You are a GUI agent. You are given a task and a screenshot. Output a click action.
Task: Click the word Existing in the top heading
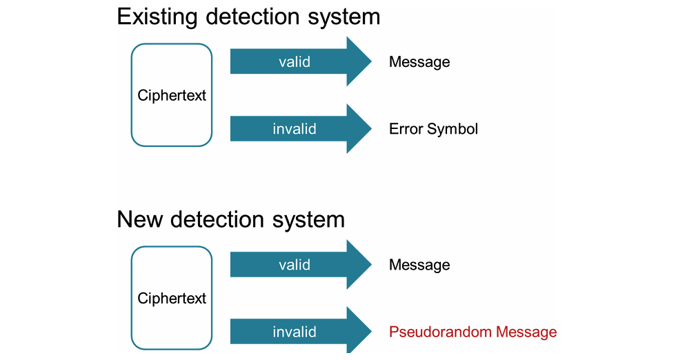[x=157, y=18]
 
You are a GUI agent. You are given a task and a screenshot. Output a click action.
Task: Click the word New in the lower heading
[x=139, y=219]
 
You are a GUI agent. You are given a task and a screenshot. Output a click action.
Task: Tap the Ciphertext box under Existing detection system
[x=172, y=95]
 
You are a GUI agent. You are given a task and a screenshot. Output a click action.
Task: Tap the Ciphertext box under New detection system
[x=172, y=298]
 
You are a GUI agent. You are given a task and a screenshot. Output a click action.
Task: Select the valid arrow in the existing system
[x=301, y=61]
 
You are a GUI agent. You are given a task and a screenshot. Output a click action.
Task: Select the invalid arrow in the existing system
[x=301, y=128]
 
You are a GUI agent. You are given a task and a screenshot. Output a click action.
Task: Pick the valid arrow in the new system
[x=301, y=264]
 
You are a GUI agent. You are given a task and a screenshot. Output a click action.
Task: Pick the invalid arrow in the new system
[x=301, y=332]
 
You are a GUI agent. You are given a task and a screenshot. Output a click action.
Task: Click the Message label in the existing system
[x=419, y=62]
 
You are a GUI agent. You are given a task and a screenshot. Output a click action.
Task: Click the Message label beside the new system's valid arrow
[x=419, y=265]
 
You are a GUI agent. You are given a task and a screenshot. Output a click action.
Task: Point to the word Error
[x=406, y=128]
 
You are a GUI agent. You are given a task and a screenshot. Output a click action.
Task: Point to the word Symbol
[x=453, y=130]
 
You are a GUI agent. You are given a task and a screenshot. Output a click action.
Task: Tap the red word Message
[x=526, y=332]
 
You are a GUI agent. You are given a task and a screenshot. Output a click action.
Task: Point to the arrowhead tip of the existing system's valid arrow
[x=371, y=61]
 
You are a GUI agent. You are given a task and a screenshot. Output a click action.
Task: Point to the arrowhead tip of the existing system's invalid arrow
[x=371, y=128]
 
